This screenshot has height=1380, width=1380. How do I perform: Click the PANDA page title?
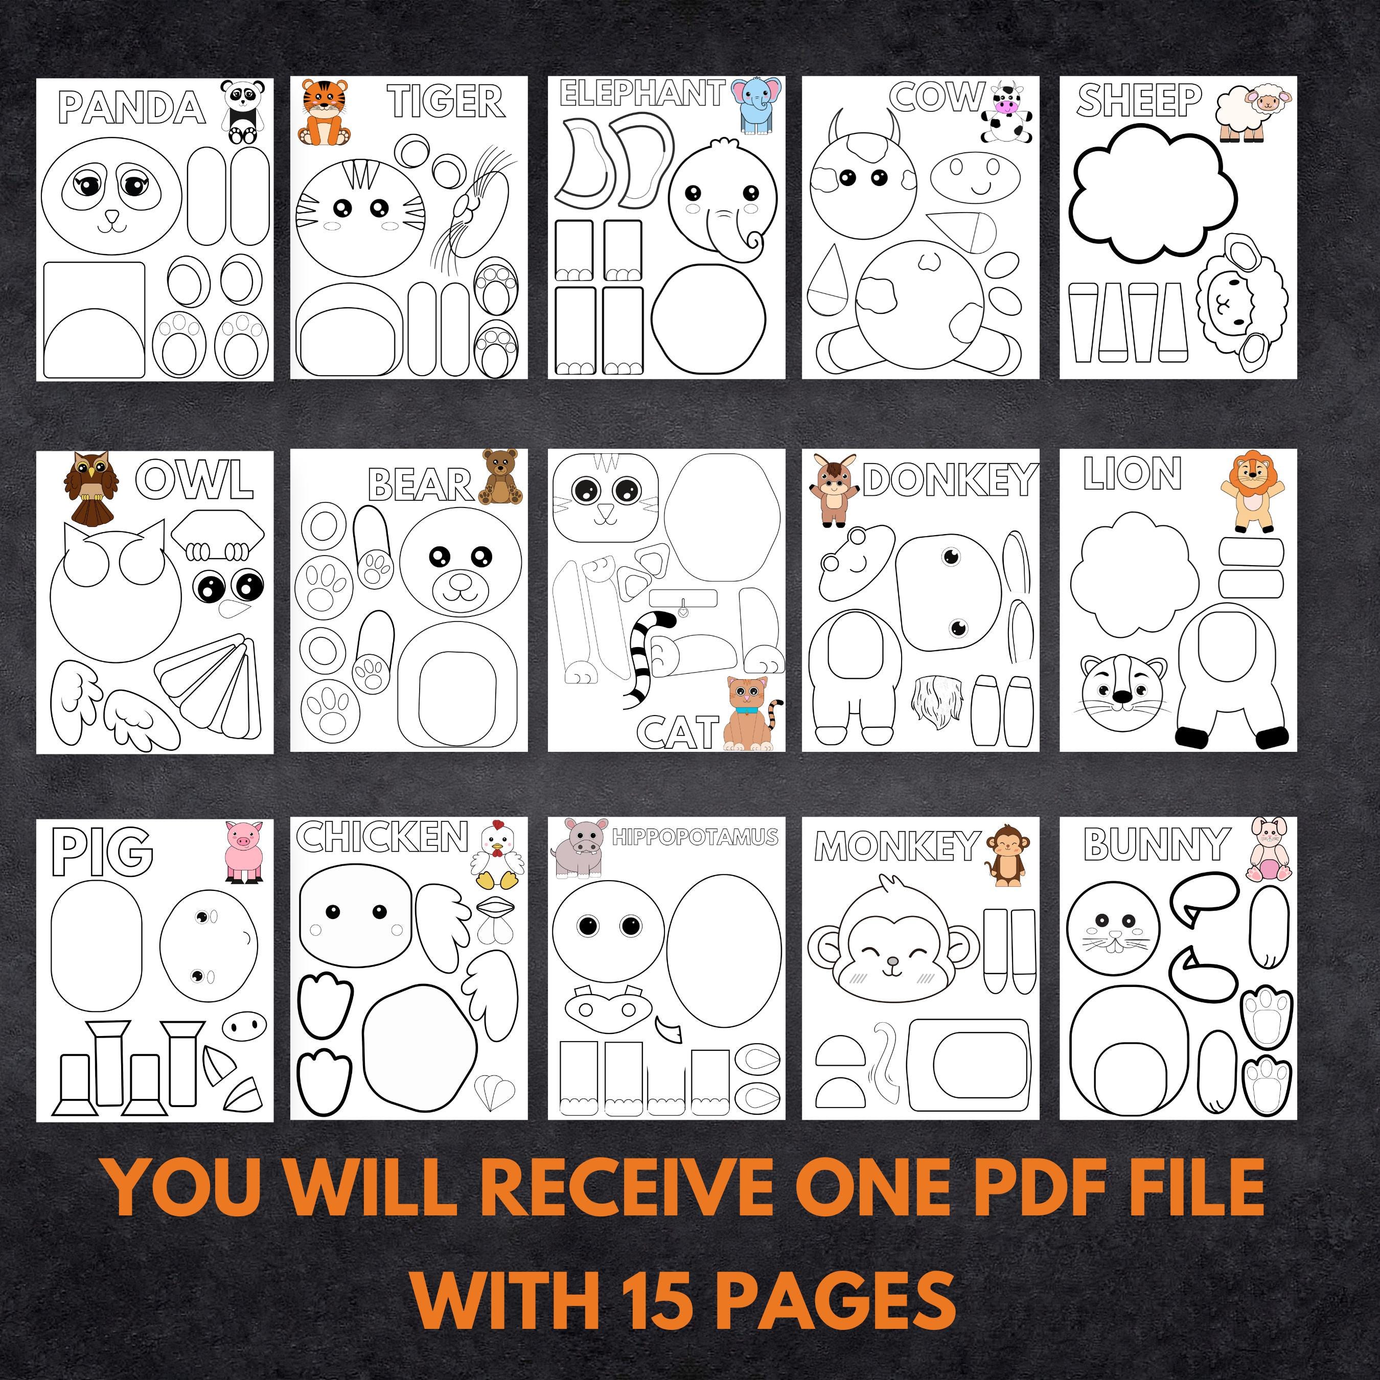tap(133, 108)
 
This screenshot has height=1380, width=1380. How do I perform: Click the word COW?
tap(936, 97)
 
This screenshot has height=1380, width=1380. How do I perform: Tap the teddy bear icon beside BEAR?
tap(500, 477)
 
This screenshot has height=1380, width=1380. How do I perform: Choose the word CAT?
tap(678, 732)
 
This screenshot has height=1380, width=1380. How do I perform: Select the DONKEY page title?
tap(949, 479)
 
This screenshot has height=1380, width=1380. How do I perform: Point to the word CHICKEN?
tap(382, 837)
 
